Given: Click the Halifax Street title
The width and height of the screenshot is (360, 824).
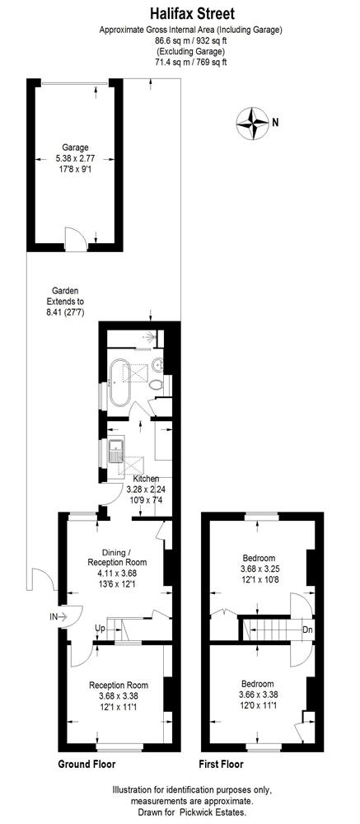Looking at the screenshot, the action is pos(192,13).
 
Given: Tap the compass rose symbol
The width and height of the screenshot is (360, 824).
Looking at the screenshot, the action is pos(253,124).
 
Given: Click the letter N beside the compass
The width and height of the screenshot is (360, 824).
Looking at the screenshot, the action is pos(275,124).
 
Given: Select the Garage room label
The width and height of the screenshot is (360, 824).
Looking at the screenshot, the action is pos(76,147).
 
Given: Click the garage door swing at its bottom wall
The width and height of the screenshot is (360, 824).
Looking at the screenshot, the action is pos(74,236).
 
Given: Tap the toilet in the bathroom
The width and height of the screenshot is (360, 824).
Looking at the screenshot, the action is pos(156,385).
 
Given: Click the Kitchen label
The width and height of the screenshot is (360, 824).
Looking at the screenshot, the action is pos(146,480).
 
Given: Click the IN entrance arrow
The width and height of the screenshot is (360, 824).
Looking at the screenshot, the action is pos(59,616).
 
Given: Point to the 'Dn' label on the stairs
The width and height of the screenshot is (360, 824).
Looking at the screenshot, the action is pos(307,629).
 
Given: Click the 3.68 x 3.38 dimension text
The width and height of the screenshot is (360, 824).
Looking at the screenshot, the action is pos(119,695).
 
